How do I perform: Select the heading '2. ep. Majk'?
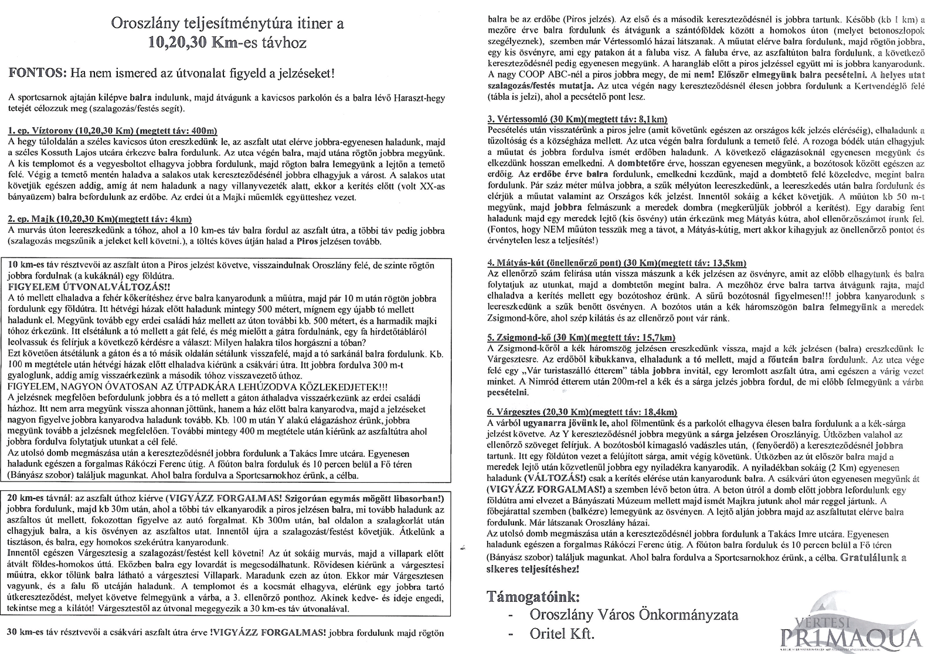click(x=100, y=219)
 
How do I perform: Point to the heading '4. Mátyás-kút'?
click(x=616, y=262)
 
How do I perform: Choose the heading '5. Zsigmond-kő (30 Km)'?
click(x=581, y=337)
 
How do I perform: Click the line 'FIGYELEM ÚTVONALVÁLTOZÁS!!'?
click(x=89, y=287)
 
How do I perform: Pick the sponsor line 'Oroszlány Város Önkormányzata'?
click(x=634, y=615)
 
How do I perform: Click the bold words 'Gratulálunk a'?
click(x=873, y=558)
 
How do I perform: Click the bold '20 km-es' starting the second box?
click(x=27, y=497)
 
